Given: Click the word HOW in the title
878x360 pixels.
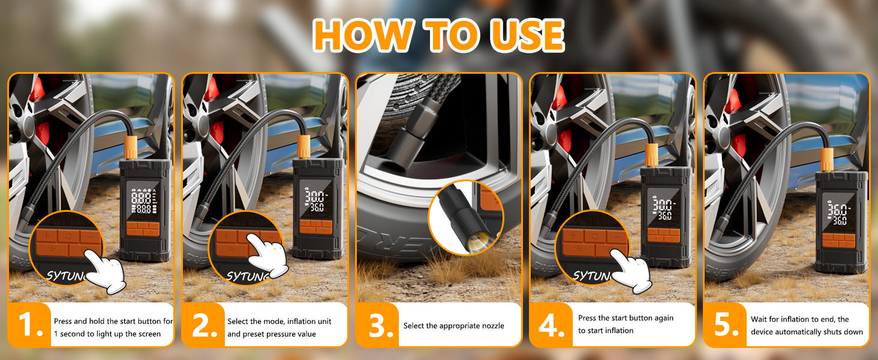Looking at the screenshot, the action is click(x=363, y=35).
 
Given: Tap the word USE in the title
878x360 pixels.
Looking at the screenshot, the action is click(x=527, y=35).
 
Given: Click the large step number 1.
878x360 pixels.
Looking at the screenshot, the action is click(x=30, y=325).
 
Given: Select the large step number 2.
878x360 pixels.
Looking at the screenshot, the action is click(x=205, y=325).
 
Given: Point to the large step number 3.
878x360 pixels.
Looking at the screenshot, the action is click(x=380, y=325).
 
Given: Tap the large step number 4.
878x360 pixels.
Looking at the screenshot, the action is click(x=552, y=325).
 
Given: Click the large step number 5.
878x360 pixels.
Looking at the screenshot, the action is click(x=726, y=325).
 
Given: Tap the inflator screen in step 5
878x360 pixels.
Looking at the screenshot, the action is click(x=839, y=213).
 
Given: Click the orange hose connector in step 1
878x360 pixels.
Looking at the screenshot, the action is click(x=131, y=148).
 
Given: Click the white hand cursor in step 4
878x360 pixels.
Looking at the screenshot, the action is click(x=631, y=271).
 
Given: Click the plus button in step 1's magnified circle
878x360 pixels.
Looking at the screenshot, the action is click(x=46, y=236).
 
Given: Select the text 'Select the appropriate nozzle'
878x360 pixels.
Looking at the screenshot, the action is click(x=453, y=326).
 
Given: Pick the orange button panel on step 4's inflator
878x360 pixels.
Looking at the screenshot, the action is click(x=663, y=234).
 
